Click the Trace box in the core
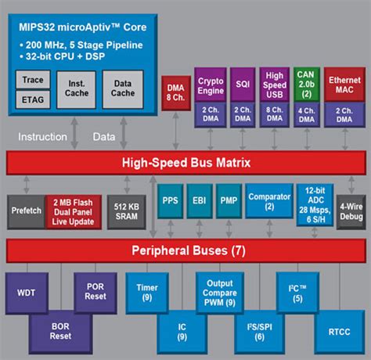(x=33, y=80)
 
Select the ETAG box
(x=33, y=99)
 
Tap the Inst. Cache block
(x=77, y=89)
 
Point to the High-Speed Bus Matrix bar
(x=185, y=163)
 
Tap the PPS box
(x=170, y=201)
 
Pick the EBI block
(x=198, y=201)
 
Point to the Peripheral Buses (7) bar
(x=185, y=251)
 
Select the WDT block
(x=26, y=293)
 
